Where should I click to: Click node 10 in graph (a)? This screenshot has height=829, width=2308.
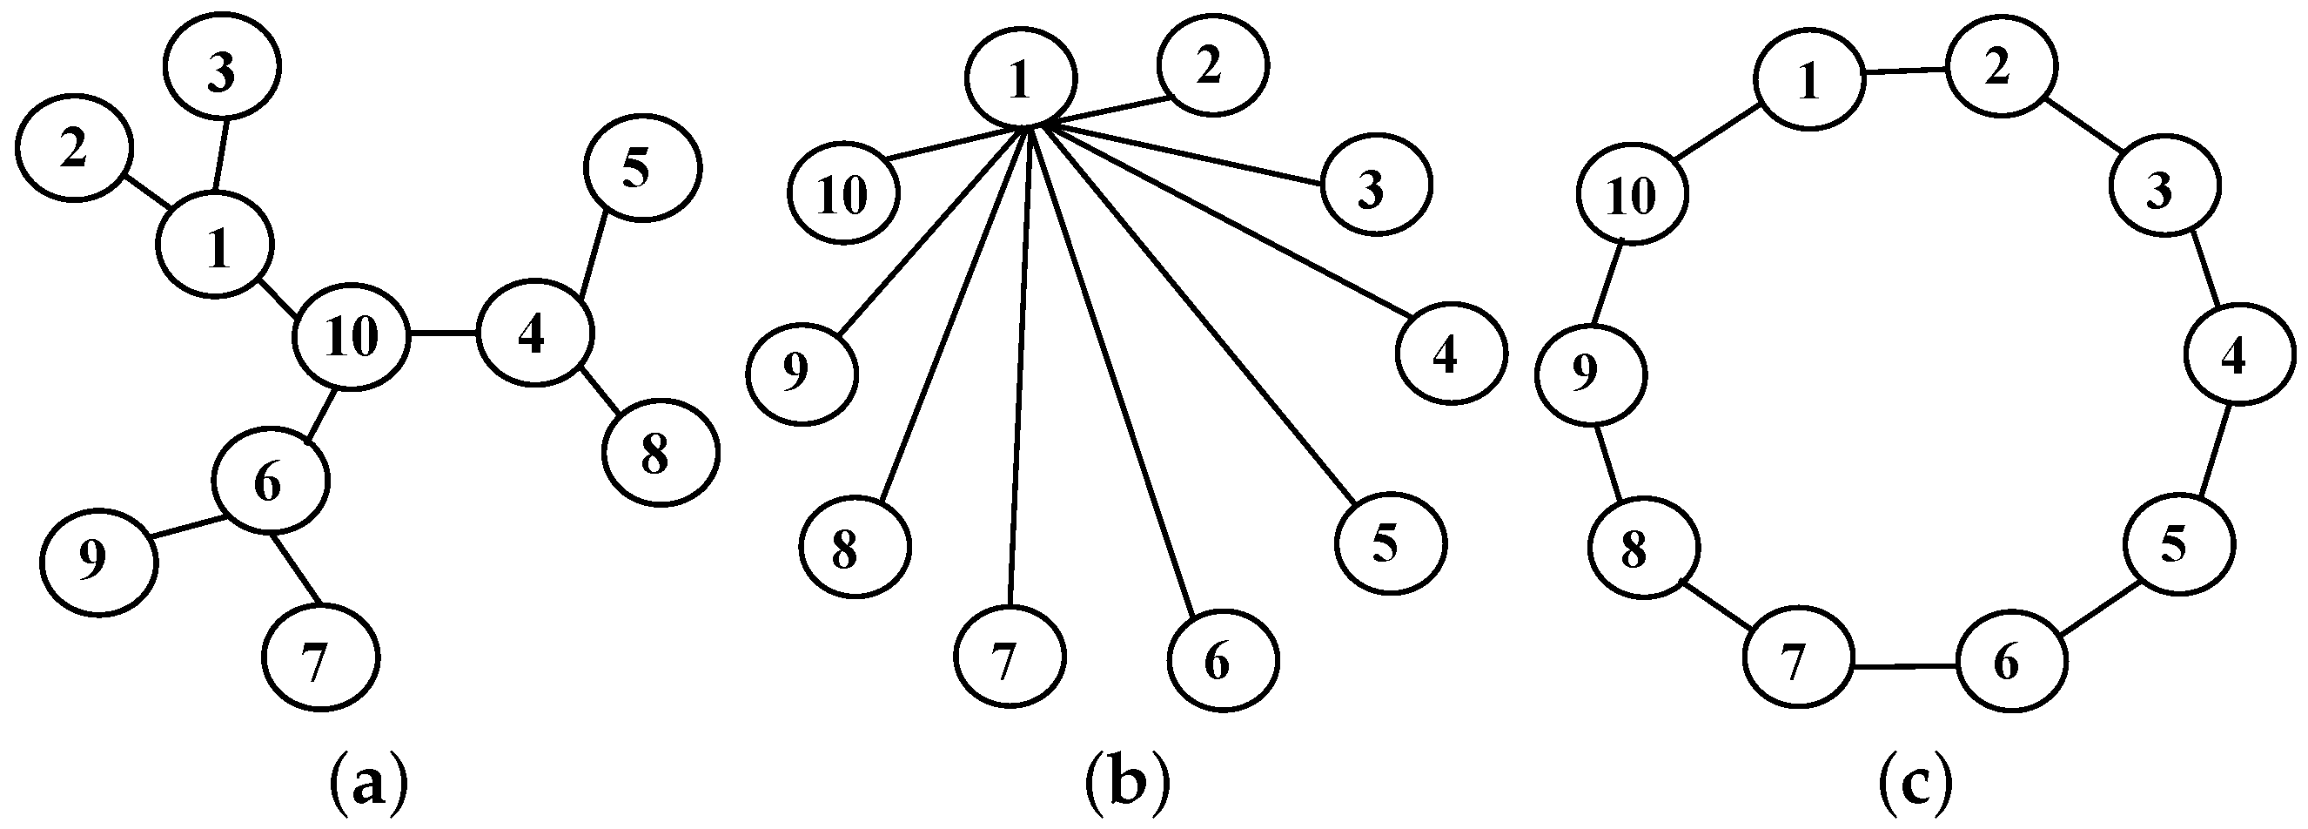point(352,337)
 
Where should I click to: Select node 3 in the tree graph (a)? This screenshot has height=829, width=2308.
point(221,65)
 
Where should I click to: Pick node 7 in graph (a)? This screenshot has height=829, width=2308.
point(321,657)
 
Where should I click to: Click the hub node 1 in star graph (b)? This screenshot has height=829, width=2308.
point(1020,79)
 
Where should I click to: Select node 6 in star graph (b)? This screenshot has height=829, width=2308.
point(1223,661)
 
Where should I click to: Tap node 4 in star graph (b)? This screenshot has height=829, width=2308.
point(1451,354)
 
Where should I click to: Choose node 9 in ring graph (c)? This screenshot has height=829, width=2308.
point(1590,374)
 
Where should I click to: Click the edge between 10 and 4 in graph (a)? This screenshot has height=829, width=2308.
point(443,335)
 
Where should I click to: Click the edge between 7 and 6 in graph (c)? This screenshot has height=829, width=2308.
point(1904,666)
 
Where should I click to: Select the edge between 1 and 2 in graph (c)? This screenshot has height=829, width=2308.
point(1906,71)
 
